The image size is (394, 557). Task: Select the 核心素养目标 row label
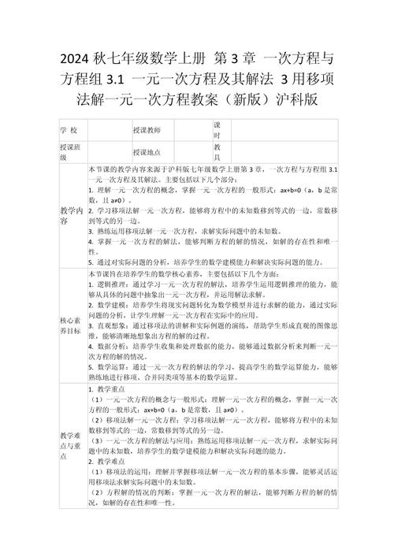tap(69, 326)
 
